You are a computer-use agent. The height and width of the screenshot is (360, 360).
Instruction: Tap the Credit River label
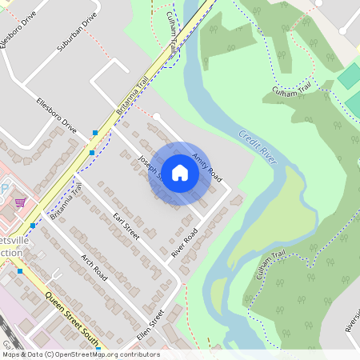(x=258, y=147)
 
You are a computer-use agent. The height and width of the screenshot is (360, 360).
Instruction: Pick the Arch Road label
(x=94, y=266)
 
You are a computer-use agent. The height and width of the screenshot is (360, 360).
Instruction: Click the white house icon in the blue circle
(x=180, y=173)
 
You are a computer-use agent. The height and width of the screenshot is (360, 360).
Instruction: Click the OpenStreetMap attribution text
(x=80, y=354)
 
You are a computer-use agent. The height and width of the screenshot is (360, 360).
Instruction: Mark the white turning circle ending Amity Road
(x=157, y=117)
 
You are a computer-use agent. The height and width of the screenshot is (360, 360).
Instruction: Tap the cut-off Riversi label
(x=351, y=322)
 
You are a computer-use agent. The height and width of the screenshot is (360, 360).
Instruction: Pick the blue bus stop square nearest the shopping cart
(x=33, y=226)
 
